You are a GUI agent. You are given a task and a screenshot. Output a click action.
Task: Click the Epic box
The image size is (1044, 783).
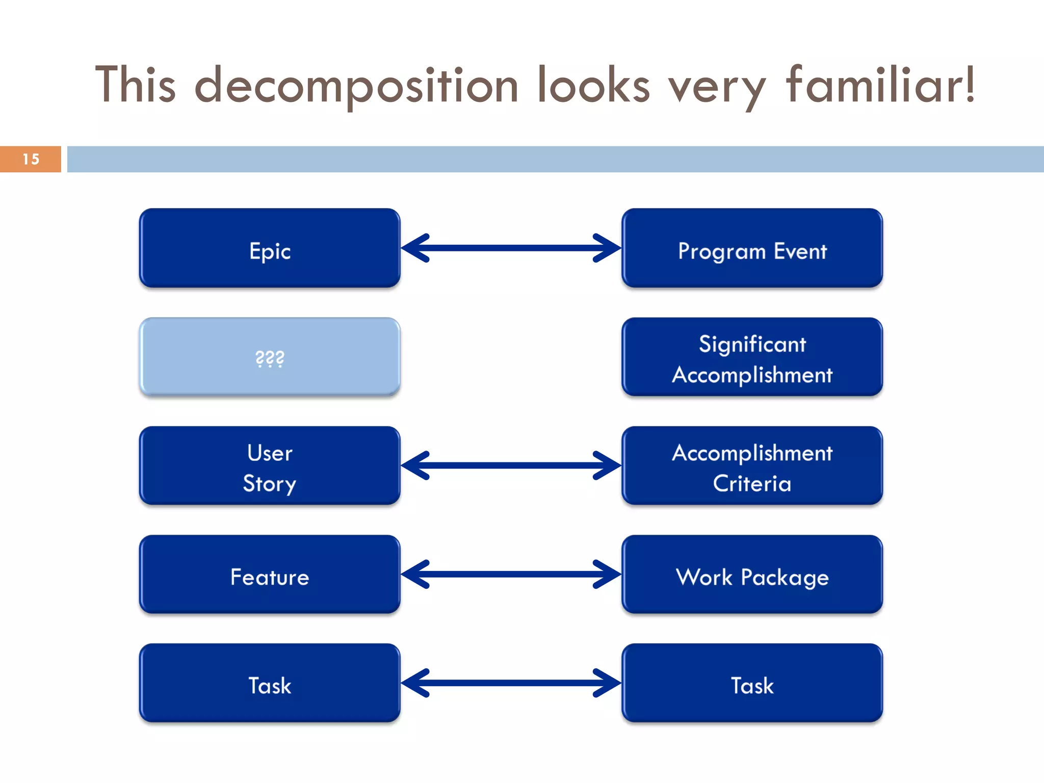point(270,248)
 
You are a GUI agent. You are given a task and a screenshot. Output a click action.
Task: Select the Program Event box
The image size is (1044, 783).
point(752,248)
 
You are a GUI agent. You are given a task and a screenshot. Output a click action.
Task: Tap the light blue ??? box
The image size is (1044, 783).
point(270,357)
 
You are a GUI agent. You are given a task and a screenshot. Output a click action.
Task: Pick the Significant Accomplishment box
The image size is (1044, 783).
point(752,357)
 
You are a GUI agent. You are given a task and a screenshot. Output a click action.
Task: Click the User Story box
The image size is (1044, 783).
point(270,465)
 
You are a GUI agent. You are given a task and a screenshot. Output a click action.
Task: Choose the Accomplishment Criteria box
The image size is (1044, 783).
point(752,465)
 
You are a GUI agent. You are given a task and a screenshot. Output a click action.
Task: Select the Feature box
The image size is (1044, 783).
point(270,574)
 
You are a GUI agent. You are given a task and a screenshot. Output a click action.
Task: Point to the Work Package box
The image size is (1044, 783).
point(752,574)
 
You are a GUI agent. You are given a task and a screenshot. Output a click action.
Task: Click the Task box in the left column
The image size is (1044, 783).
point(270,683)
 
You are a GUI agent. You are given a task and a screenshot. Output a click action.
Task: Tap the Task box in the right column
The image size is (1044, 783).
point(752,683)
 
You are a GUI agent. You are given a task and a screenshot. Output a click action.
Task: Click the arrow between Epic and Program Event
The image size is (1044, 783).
point(511,248)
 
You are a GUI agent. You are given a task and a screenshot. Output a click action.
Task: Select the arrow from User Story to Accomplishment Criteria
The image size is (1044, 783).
point(511,465)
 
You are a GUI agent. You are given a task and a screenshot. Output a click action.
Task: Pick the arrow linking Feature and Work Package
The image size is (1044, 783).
point(511,575)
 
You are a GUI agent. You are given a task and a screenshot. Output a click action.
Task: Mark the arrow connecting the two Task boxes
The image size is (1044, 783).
point(511,683)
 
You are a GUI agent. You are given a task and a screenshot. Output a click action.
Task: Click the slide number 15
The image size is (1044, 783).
point(31,159)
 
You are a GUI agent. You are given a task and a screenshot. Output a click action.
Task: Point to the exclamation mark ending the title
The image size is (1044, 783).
point(969,84)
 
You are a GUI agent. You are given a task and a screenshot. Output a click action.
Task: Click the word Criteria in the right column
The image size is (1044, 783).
point(752,483)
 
